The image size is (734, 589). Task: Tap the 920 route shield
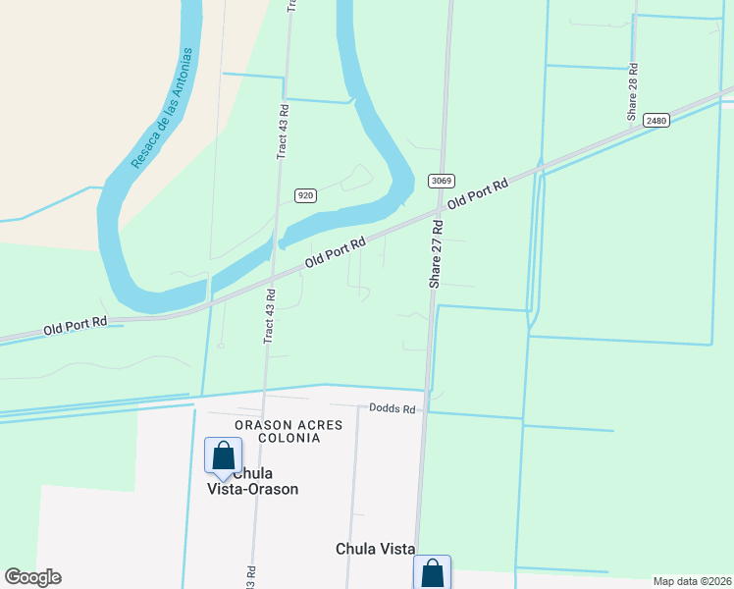tap(305, 195)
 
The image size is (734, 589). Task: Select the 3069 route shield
tap(440, 181)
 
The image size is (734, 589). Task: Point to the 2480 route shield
tap(656, 121)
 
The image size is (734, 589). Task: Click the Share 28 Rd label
tap(634, 92)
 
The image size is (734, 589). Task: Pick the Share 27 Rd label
tap(436, 253)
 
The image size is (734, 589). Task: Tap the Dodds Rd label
tap(393, 408)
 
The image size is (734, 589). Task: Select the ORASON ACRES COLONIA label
tap(278, 431)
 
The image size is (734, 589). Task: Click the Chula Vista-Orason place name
tap(252, 481)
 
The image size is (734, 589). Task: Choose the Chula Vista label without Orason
tap(375, 550)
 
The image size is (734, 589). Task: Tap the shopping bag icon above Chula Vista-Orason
tap(223, 455)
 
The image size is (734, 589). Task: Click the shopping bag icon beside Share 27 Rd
tap(433, 573)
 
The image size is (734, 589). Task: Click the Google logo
tap(32, 577)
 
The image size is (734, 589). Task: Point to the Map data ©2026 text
tap(692, 581)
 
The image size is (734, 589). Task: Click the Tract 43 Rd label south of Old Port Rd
tap(269, 315)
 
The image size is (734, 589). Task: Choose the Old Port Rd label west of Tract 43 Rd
tap(75, 326)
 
